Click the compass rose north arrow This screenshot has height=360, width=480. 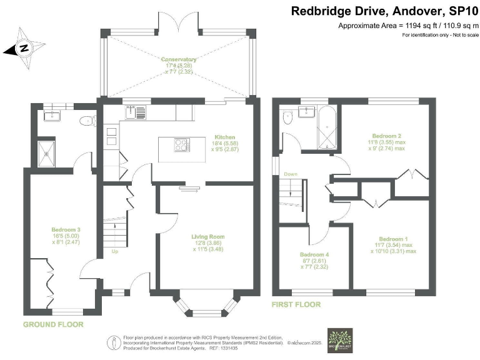23,47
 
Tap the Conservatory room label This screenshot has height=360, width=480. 179,60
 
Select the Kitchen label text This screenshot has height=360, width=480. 224,136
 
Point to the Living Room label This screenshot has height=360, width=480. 207,237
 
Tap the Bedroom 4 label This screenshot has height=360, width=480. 314,254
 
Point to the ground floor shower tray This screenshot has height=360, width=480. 46,153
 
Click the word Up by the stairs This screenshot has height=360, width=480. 114,252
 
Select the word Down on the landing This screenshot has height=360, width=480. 291,174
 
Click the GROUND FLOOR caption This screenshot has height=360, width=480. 53,325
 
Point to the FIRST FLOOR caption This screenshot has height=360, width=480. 296,304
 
